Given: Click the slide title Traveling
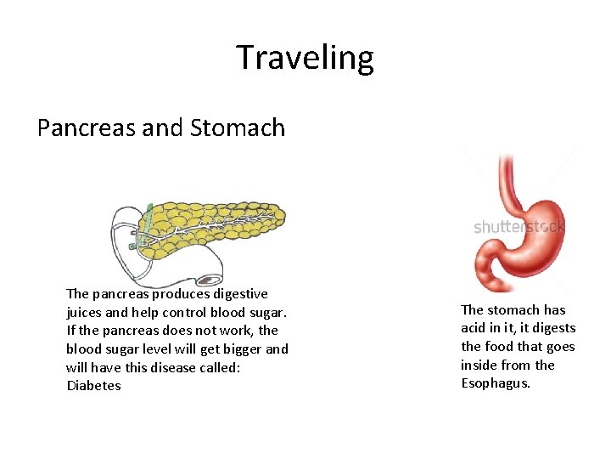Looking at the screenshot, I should click(305, 58).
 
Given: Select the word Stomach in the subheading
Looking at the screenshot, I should click(238, 127).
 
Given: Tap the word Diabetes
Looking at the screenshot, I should click(93, 386).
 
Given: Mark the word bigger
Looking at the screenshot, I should click(242, 348).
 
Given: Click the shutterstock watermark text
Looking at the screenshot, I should click(519, 227).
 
